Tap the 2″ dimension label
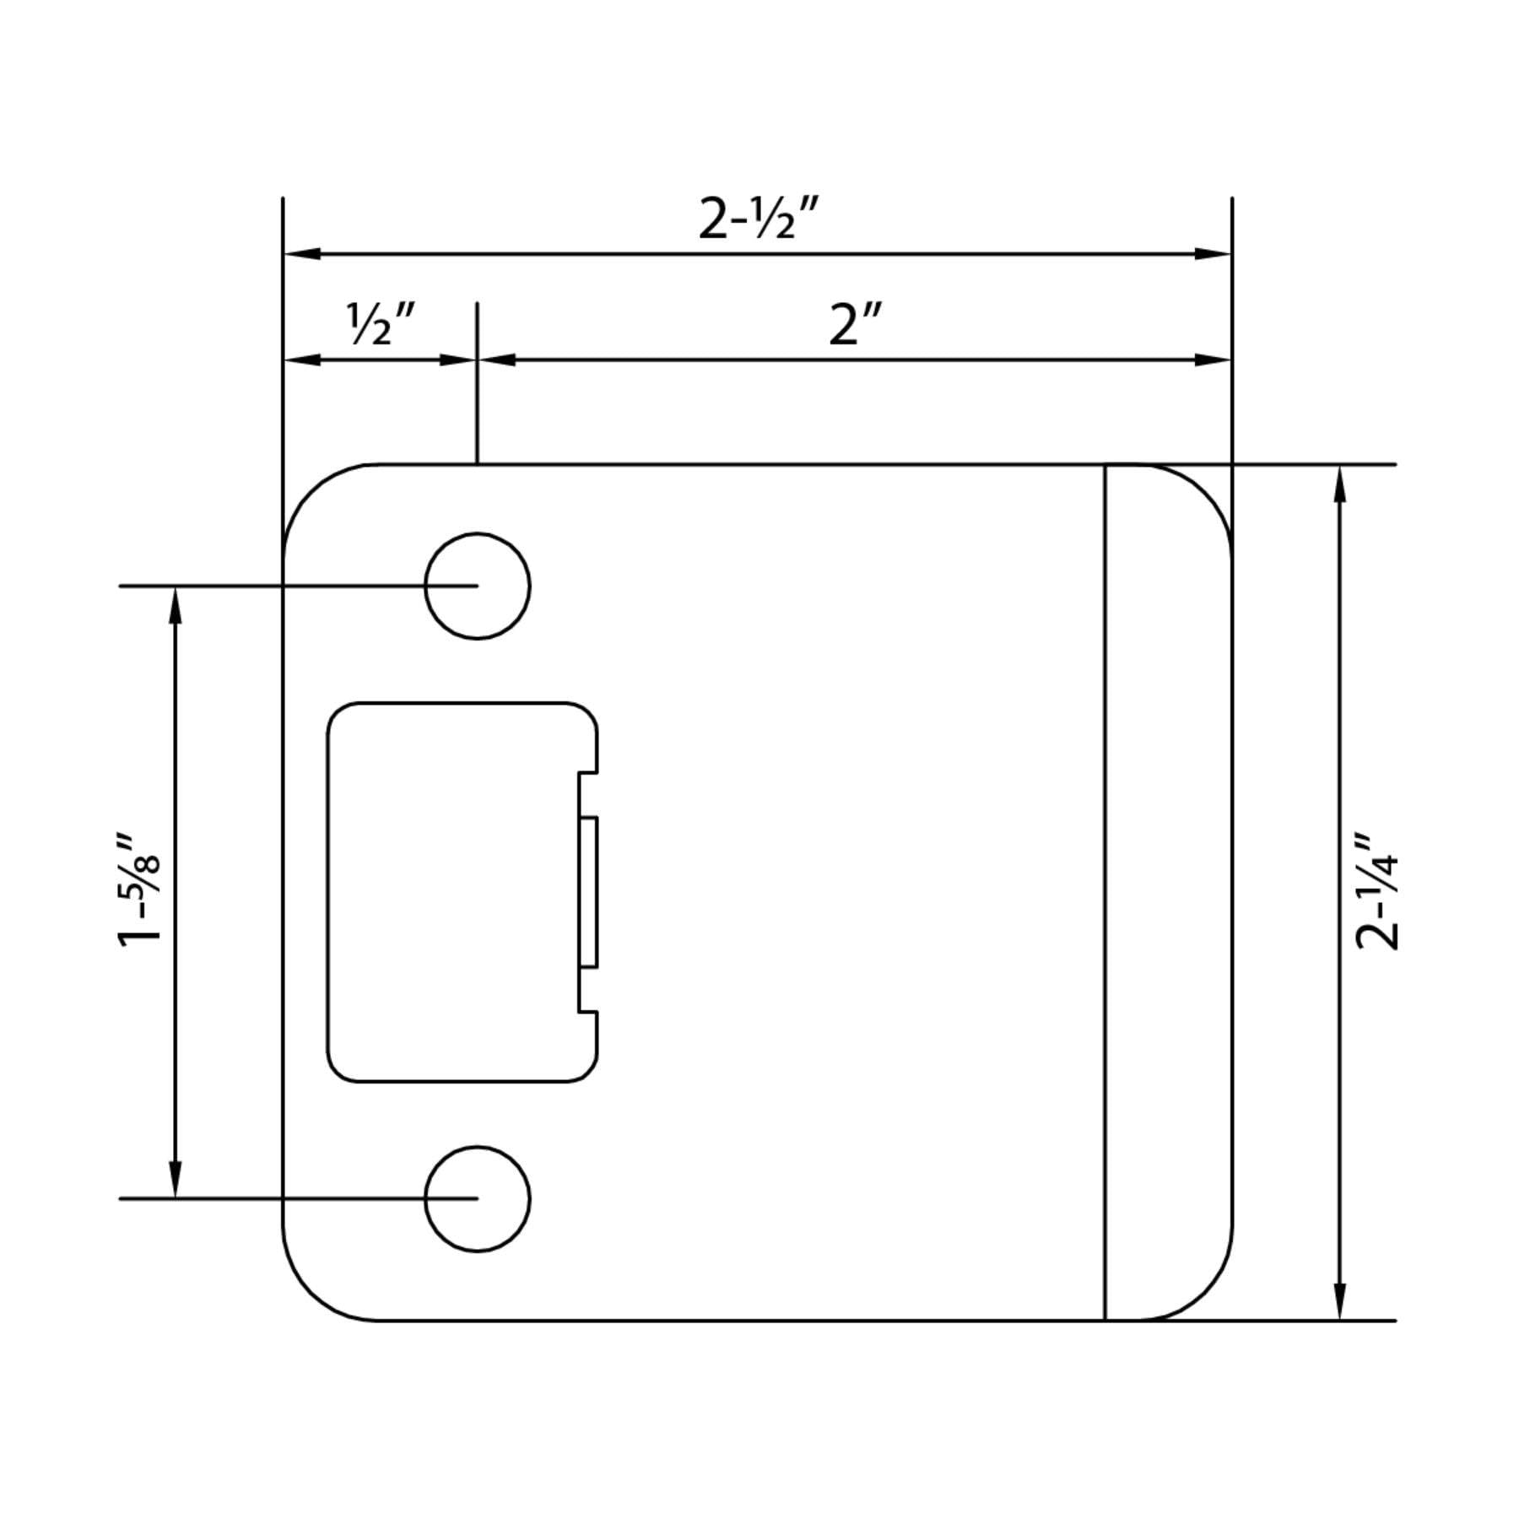(x=854, y=325)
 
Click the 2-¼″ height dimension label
(x=1377, y=891)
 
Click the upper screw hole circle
(x=478, y=586)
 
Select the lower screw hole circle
(x=478, y=1198)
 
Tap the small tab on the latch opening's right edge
(x=589, y=891)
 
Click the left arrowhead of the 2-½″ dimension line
(x=302, y=253)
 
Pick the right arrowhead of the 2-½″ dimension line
(x=1213, y=253)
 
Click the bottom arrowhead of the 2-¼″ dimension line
(x=1339, y=1300)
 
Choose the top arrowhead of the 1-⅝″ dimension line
(x=176, y=604)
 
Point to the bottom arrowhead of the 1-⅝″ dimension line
(x=176, y=1180)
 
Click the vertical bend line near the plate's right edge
(x=1105, y=891)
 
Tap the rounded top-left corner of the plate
(x=309, y=491)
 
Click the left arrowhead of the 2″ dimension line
(x=497, y=359)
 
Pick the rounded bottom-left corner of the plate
(x=309, y=1293)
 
